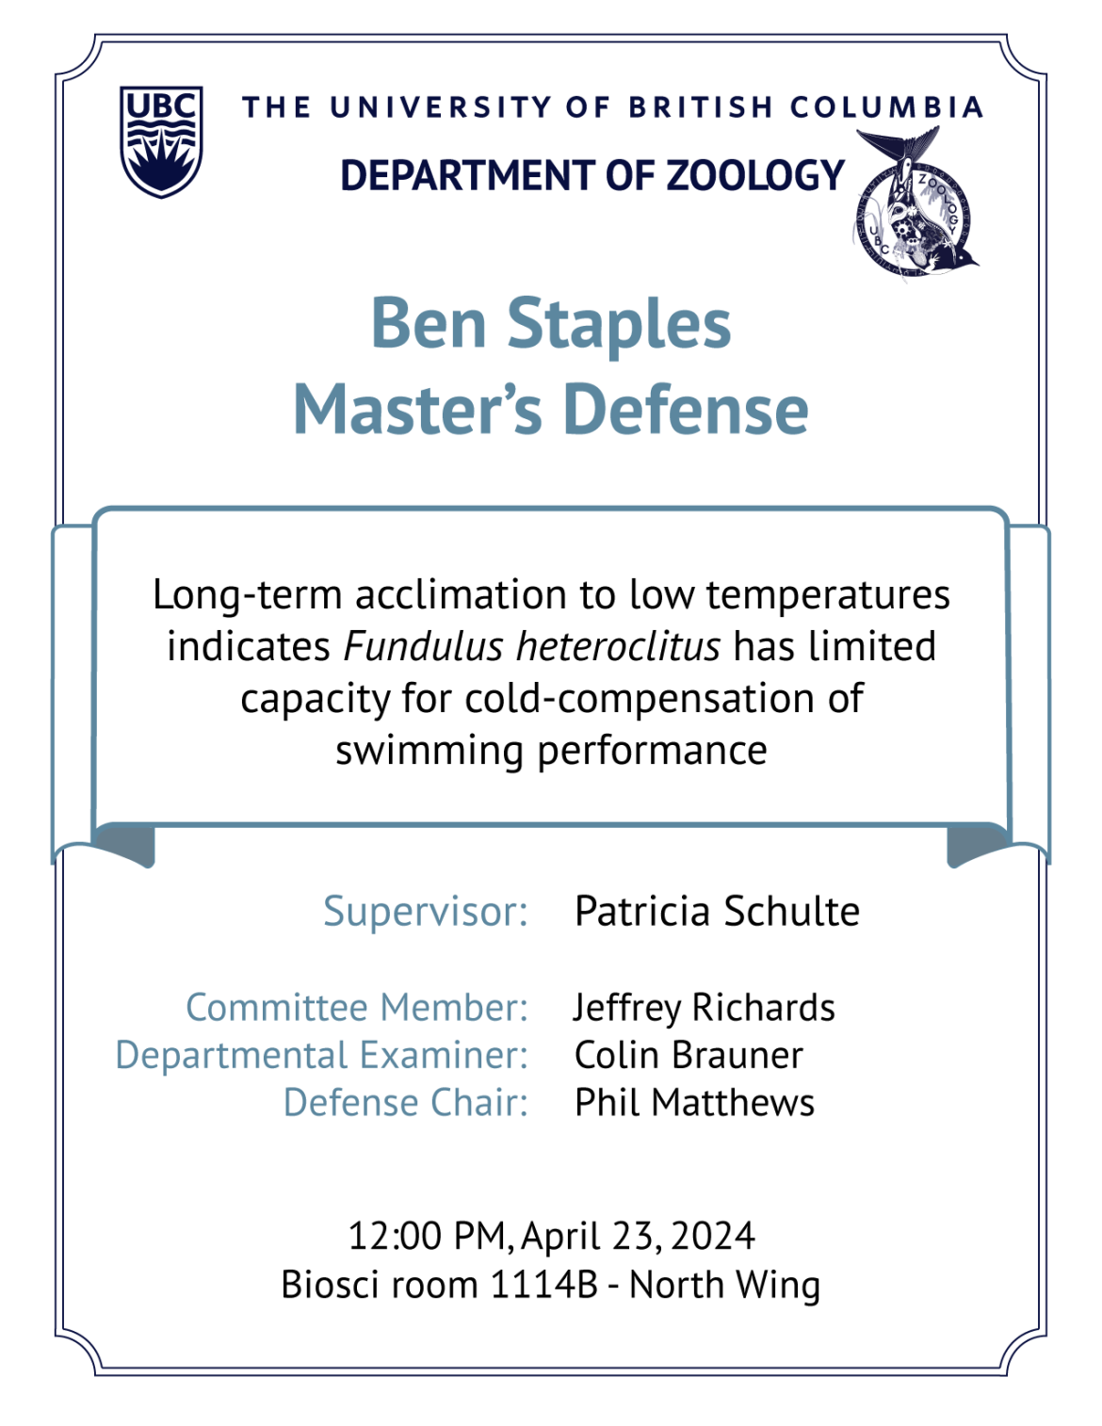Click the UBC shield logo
[161, 141]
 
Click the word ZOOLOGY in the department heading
[755, 175]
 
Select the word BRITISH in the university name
[701, 107]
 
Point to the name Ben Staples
[551, 323]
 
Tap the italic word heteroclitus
[618, 646]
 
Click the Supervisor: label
[426, 912]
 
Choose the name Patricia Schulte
[717, 912]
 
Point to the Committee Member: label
[357, 1007]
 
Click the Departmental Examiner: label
[321, 1056]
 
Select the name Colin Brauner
[689, 1056]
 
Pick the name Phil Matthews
[695, 1103]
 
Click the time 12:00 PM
[427, 1237]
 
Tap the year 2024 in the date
[713, 1237]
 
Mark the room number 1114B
[544, 1285]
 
